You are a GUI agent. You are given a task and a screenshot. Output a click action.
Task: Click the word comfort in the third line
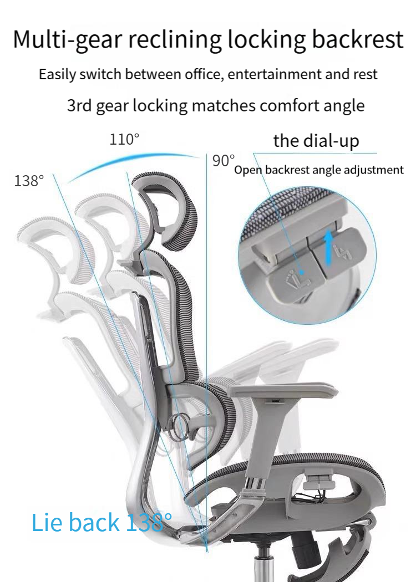(293, 105)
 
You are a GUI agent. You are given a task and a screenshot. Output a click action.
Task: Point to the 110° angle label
(124, 140)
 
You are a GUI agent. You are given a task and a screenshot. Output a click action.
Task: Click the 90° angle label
(224, 161)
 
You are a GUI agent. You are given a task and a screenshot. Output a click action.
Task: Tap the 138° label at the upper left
(29, 181)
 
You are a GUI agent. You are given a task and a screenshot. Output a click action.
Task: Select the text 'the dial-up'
(316, 141)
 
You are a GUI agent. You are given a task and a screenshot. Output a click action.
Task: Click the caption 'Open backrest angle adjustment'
(318, 170)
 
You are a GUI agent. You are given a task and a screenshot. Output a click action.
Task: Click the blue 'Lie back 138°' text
(102, 522)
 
